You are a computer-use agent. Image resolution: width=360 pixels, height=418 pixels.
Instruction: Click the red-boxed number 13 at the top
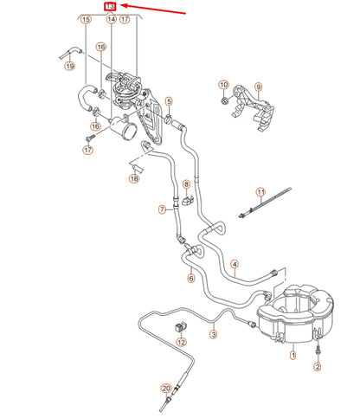(x=109, y=6)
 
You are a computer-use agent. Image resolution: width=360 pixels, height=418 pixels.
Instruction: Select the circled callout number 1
(x=292, y=354)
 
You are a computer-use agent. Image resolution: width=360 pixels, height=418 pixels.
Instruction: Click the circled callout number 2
(x=318, y=367)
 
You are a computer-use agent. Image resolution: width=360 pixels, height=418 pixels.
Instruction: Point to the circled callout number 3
(x=214, y=332)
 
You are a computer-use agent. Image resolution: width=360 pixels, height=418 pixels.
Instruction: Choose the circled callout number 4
(x=234, y=263)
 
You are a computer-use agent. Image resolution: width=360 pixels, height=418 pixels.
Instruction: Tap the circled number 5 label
(x=169, y=101)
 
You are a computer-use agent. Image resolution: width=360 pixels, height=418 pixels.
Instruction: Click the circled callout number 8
(x=186, y=184)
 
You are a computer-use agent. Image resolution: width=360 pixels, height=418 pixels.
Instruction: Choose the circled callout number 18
(x=133, y=178)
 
